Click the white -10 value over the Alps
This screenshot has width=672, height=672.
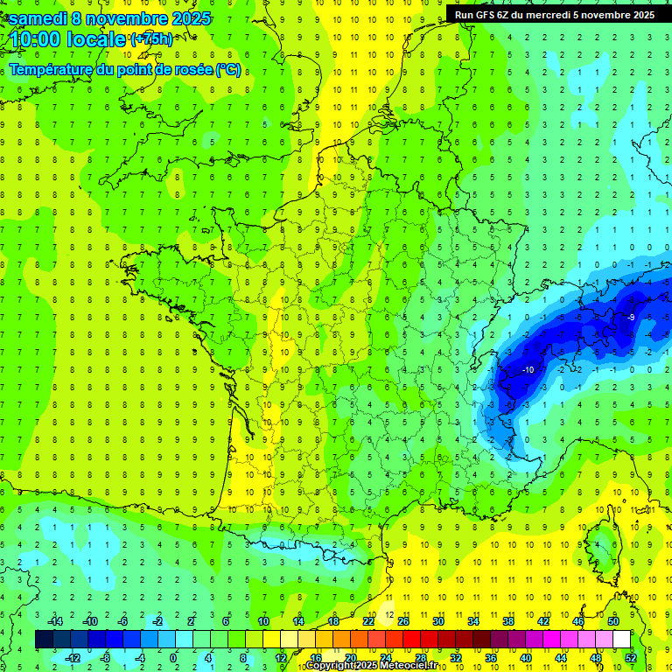[528, 370]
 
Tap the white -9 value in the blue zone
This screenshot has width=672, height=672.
[631, 317]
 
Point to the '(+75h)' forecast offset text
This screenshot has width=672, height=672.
[151, 39]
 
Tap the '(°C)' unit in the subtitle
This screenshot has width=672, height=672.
[227, 70]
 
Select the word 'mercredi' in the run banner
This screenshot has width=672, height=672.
[548, 15]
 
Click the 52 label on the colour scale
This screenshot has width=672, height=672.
[631, 657]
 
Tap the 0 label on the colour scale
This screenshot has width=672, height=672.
[173, 657]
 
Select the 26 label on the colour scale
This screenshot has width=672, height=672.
[403, 620]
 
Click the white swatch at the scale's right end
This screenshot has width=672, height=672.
[621, 639]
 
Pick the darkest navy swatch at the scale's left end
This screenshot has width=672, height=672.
[45, 639]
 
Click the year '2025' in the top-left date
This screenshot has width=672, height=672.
[185, 18]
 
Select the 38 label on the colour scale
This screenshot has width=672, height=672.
[508, 620]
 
